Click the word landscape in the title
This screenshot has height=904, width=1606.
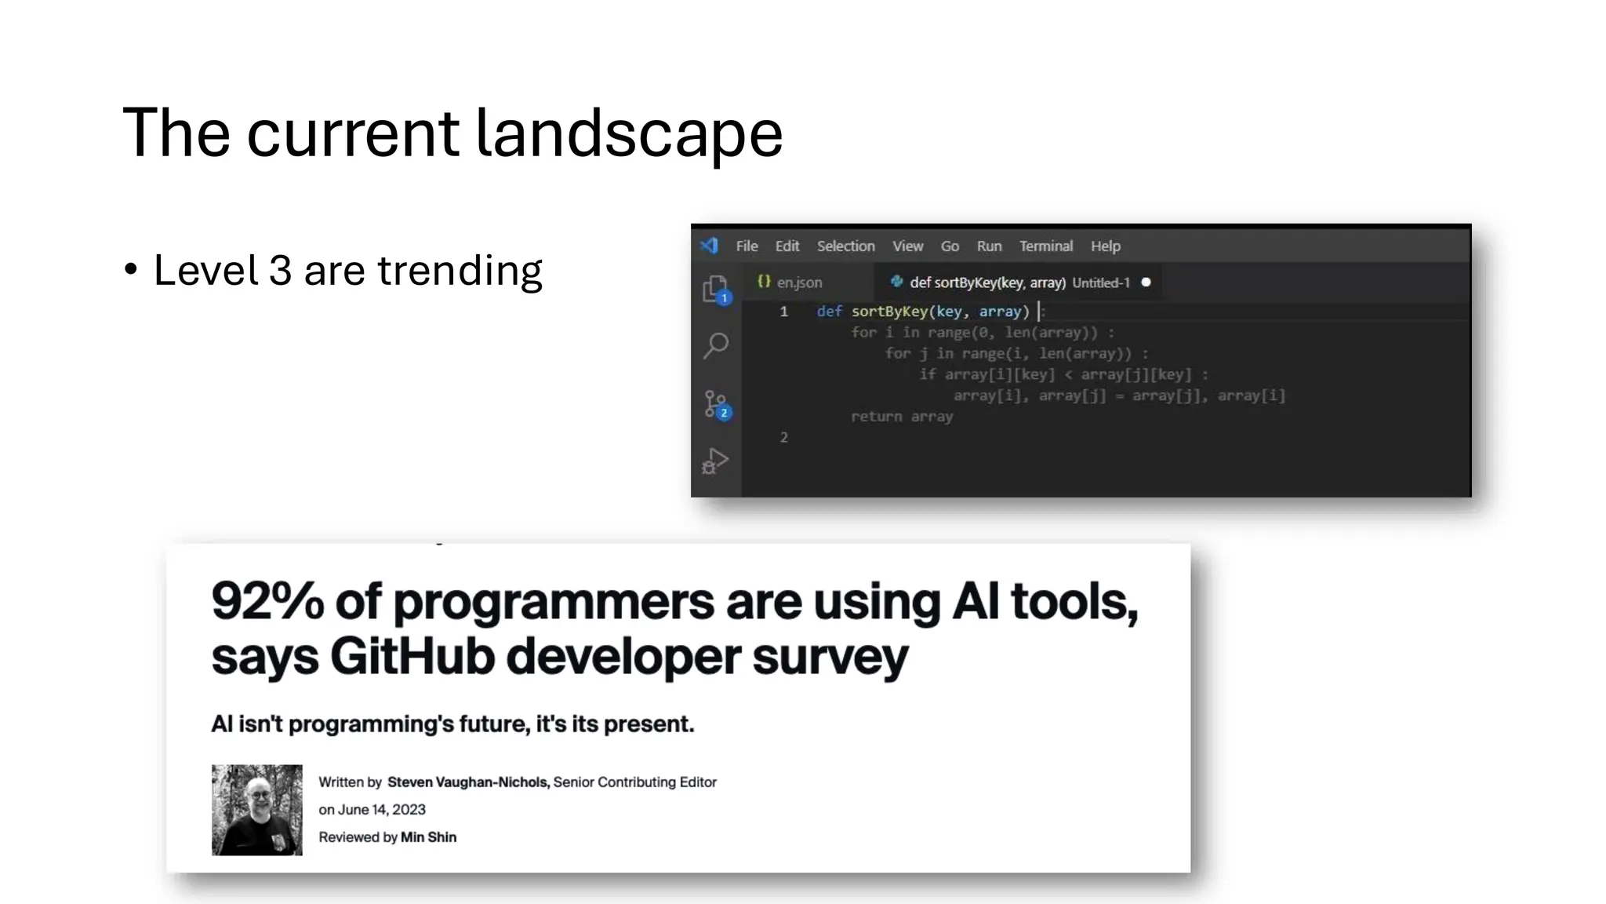[629, 134]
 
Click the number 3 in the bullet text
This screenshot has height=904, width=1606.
[280, 271]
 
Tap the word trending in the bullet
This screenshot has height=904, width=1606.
[460, 271]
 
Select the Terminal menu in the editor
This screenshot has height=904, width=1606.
[1045, 246]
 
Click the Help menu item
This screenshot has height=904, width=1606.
[1105, 246]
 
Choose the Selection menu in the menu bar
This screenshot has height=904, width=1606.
[845, 246]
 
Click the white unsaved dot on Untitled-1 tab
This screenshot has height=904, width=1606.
[1146, 282]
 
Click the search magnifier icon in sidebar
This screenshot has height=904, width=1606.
[716, 345]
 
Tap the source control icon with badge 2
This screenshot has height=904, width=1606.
[716, 405]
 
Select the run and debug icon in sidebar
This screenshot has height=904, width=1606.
[715, 461]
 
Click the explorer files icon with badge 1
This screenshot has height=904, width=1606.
[715, 290]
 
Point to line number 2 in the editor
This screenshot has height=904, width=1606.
[783, 438]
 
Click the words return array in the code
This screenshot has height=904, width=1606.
[902, 417]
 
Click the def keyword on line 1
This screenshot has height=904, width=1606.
[829, 312]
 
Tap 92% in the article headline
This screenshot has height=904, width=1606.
[267, 602]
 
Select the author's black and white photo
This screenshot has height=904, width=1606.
[257, 810]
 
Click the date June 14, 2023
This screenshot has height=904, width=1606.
[381, 810]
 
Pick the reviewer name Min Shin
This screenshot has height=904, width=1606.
[428, 837]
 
